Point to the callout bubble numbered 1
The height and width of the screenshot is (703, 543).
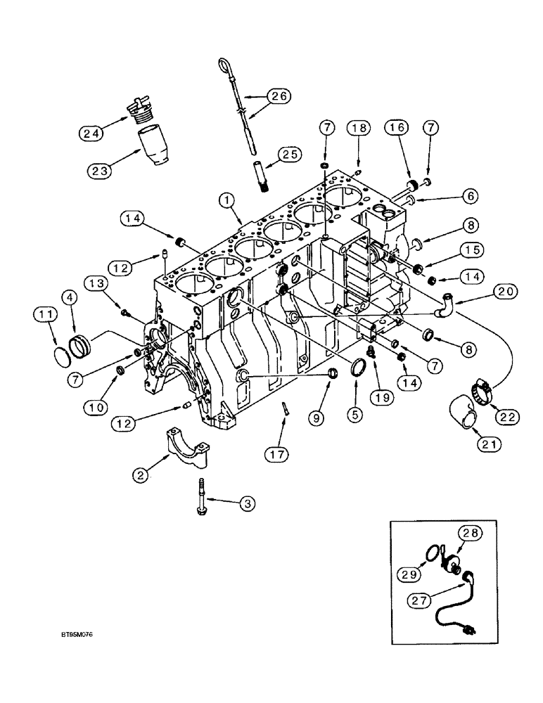click(226, 200)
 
